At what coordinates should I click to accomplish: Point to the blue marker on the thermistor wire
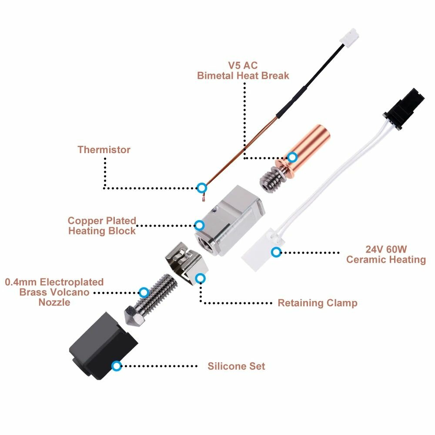point(201,188)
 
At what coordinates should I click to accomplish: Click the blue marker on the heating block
point(199,225)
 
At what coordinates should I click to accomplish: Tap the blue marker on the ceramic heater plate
point(276,252)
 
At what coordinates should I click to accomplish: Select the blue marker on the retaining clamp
point(200,278)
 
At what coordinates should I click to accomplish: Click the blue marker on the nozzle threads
point(143,292)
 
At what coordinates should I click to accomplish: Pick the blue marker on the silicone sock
point(116,366)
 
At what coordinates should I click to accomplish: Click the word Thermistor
point(104,150)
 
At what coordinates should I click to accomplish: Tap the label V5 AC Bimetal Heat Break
point(243,70)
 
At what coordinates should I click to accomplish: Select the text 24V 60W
point(386,250)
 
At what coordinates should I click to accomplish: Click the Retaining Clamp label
point(318,303)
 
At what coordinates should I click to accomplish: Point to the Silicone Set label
point(236,366)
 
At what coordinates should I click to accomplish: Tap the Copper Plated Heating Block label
point(102,226)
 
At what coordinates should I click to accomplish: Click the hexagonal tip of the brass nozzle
point(133,317)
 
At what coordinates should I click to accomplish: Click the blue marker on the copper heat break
point(293,157)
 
